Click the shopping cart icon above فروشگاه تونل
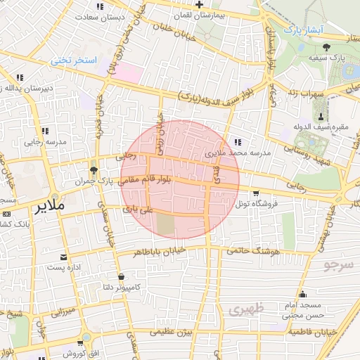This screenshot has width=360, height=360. [256, 193]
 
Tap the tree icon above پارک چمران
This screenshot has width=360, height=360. [94, 170]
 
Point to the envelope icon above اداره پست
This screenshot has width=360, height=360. [64, 257]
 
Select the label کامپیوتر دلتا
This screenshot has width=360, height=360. [123, 287]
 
